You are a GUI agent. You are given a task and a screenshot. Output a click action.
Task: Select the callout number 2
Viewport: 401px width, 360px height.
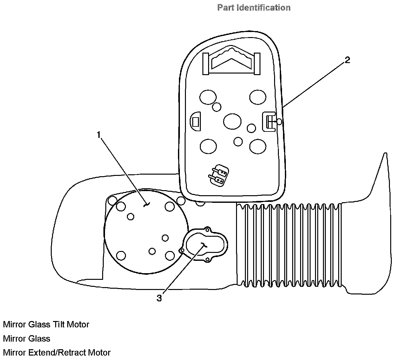click(x=347, y=60)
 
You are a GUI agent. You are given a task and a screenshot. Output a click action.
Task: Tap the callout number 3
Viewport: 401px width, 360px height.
click(x=159, y=298)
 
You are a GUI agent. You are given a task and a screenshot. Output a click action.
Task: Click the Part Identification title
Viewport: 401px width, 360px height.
click(x=254, y=8)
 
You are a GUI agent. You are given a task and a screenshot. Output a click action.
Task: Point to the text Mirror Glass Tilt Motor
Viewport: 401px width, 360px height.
click(x=46, y=325)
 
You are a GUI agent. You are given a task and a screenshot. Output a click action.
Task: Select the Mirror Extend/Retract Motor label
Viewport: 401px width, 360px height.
click(x=57, y=352)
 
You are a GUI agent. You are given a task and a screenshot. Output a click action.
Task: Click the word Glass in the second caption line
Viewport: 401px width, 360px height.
click(x=39, y=338)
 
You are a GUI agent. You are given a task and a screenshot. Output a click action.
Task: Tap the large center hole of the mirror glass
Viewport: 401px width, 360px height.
click(x=232, y=121)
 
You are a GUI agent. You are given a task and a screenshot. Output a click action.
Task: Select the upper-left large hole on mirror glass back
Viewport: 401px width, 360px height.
click(x=208, y=97)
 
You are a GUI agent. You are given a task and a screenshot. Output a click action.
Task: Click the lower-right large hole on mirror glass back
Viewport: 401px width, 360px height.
click(x=258, y=146)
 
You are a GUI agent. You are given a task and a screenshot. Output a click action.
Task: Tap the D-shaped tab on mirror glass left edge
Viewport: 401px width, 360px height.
click(x=195, y=121)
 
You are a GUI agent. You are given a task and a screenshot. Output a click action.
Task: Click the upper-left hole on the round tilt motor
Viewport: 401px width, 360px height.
click(x=121, y=206)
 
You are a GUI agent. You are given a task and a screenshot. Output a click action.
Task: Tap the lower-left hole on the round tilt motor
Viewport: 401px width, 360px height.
click(x=121, y=255)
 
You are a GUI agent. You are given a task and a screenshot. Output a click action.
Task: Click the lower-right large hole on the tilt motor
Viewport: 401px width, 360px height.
click(x=170, y=255)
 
